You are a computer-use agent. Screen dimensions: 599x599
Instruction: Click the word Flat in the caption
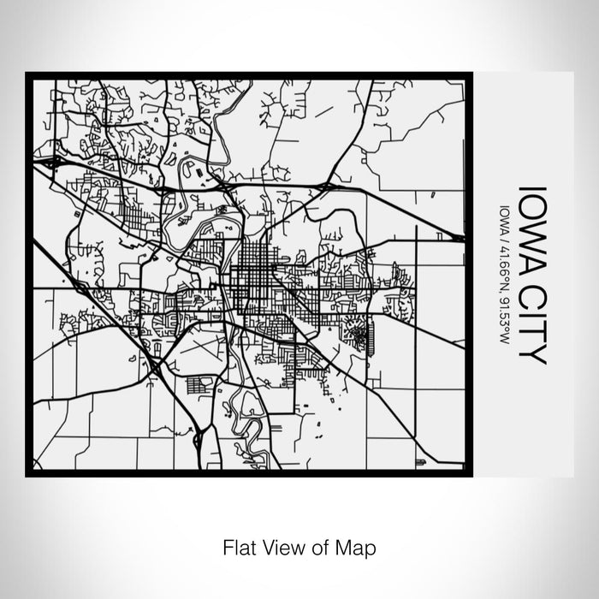coord(239,545)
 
